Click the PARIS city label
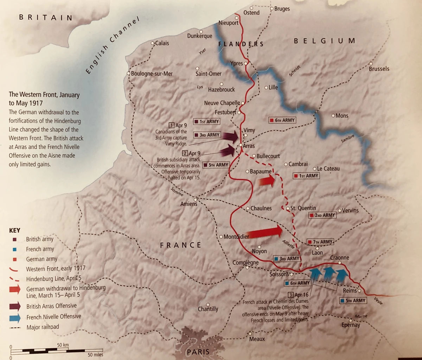tap(198, 352)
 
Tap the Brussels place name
tap(379, 69)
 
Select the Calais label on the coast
tap(162, 43)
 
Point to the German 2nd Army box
tap(322, 215)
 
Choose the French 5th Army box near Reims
tap(353, 301)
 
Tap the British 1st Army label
tap(207, 121)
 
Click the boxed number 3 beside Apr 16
tap(290, 295)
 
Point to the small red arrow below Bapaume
tap(267, 181)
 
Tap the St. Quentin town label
tap(303, 208)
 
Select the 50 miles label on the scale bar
tap(95, 355)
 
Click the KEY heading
tap(15, 230)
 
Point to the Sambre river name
tap(347, 139)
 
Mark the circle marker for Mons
tap(333, 115)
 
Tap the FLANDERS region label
tap(241, 44)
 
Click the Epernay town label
tap(351, 325)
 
